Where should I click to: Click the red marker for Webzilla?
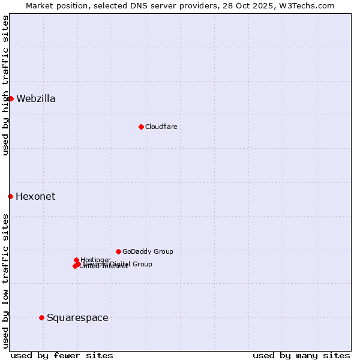11,98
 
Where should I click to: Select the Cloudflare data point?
141,127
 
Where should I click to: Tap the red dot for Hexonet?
10,196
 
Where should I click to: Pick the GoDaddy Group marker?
118,251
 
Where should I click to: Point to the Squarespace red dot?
41,317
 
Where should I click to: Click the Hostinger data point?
76,260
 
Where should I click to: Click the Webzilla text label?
36,99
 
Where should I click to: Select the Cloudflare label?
161,127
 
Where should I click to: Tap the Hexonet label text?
35,197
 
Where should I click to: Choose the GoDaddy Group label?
148,252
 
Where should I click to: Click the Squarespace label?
77,318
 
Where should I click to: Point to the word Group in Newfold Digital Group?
142,264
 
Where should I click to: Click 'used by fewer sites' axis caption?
62,355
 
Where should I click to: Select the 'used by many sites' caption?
301,355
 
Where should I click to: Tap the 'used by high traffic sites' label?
5,86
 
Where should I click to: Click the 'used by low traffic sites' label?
5,281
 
